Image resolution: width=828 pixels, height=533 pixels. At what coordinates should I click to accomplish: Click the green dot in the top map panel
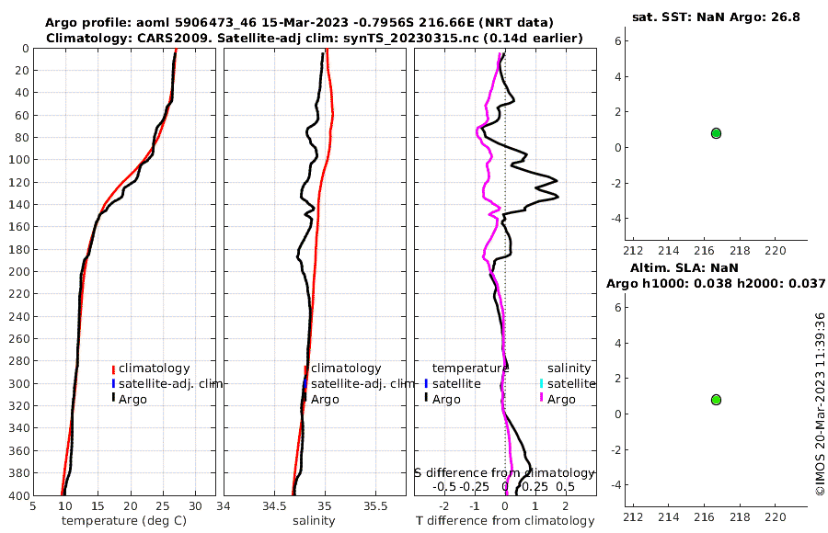(716, 133)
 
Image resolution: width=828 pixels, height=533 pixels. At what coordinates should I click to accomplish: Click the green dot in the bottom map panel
(716, 400)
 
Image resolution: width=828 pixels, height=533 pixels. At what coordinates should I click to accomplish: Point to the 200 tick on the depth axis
(17, 272)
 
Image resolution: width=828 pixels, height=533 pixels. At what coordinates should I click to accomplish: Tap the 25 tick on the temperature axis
(162, 505)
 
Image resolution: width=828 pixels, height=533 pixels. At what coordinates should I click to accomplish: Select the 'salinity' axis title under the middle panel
(314, 521)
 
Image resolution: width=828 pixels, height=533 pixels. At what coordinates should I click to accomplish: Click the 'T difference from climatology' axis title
(505, 521)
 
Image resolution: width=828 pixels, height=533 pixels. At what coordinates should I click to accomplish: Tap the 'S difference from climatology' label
(504, 472)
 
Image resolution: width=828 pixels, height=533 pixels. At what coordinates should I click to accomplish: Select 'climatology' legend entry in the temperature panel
(153, 369)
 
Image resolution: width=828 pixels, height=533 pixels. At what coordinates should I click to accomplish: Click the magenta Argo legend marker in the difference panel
(542, 399)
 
